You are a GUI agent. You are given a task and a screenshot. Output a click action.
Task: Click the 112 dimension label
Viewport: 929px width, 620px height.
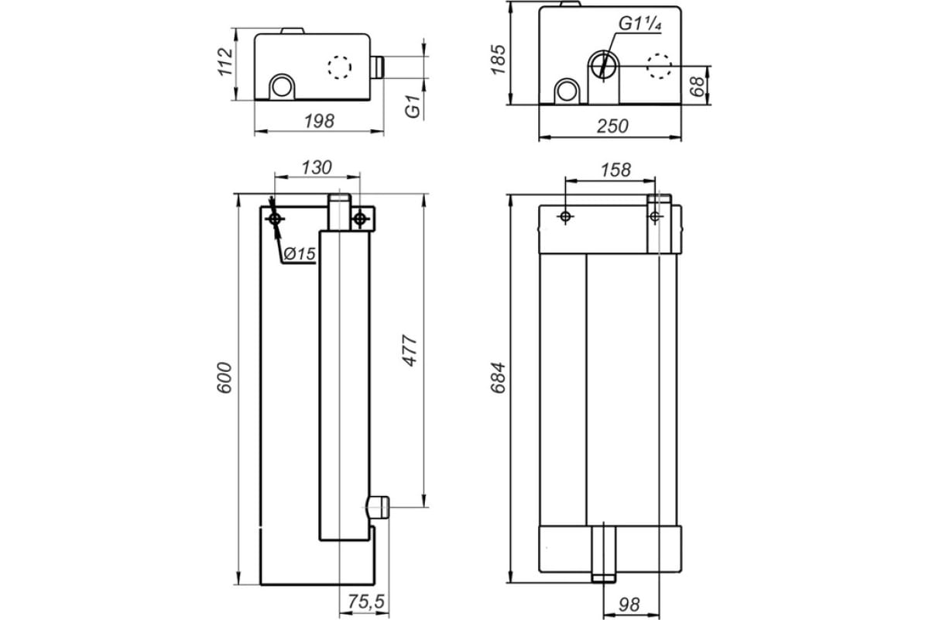(225, 62)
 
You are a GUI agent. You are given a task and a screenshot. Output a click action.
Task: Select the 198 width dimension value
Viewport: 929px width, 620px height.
(319, 121)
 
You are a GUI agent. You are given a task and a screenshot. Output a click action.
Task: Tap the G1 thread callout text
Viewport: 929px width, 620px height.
(413, 106)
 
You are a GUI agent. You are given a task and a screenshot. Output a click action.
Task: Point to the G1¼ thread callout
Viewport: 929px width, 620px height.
(640, 23)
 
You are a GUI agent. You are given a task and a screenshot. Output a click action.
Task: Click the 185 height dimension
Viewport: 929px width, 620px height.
(498, 60)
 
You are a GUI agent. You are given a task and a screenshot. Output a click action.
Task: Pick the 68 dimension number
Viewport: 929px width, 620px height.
(698, 86)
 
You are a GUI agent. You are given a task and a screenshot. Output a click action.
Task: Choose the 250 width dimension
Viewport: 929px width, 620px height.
(612, 126)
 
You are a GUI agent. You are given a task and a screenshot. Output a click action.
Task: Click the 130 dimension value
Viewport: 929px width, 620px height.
(317, 167)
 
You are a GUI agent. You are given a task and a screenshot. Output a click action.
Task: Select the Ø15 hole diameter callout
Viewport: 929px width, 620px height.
(300, 253)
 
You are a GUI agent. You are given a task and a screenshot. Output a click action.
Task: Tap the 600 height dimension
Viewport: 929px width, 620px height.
(225, 377)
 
